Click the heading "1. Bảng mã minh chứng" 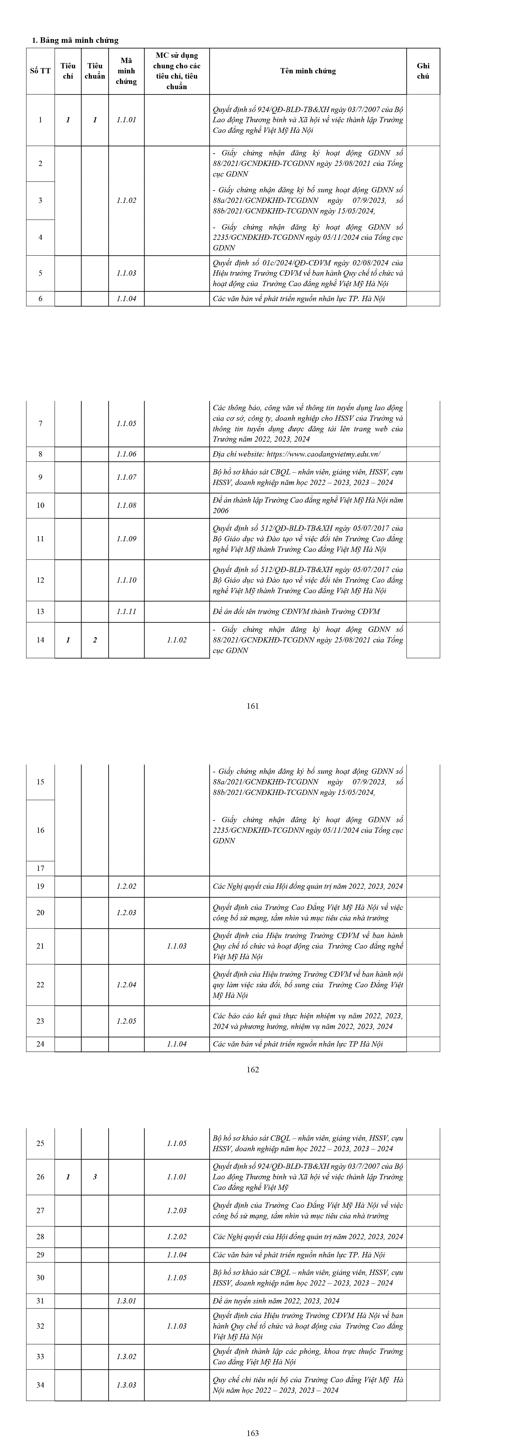pos(75,40)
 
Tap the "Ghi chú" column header pos(423,71)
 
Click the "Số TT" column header pos(40,71)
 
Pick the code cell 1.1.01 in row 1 pos(127,120)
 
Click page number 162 pos(253,1069)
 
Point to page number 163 pos(253,1433)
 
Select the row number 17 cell pos(40,868)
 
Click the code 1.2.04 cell pos(127,984)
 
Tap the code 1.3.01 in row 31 pos(127,1301)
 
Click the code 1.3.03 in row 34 pos(127,1385)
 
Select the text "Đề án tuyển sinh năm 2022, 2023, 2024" pos(276,1301)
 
